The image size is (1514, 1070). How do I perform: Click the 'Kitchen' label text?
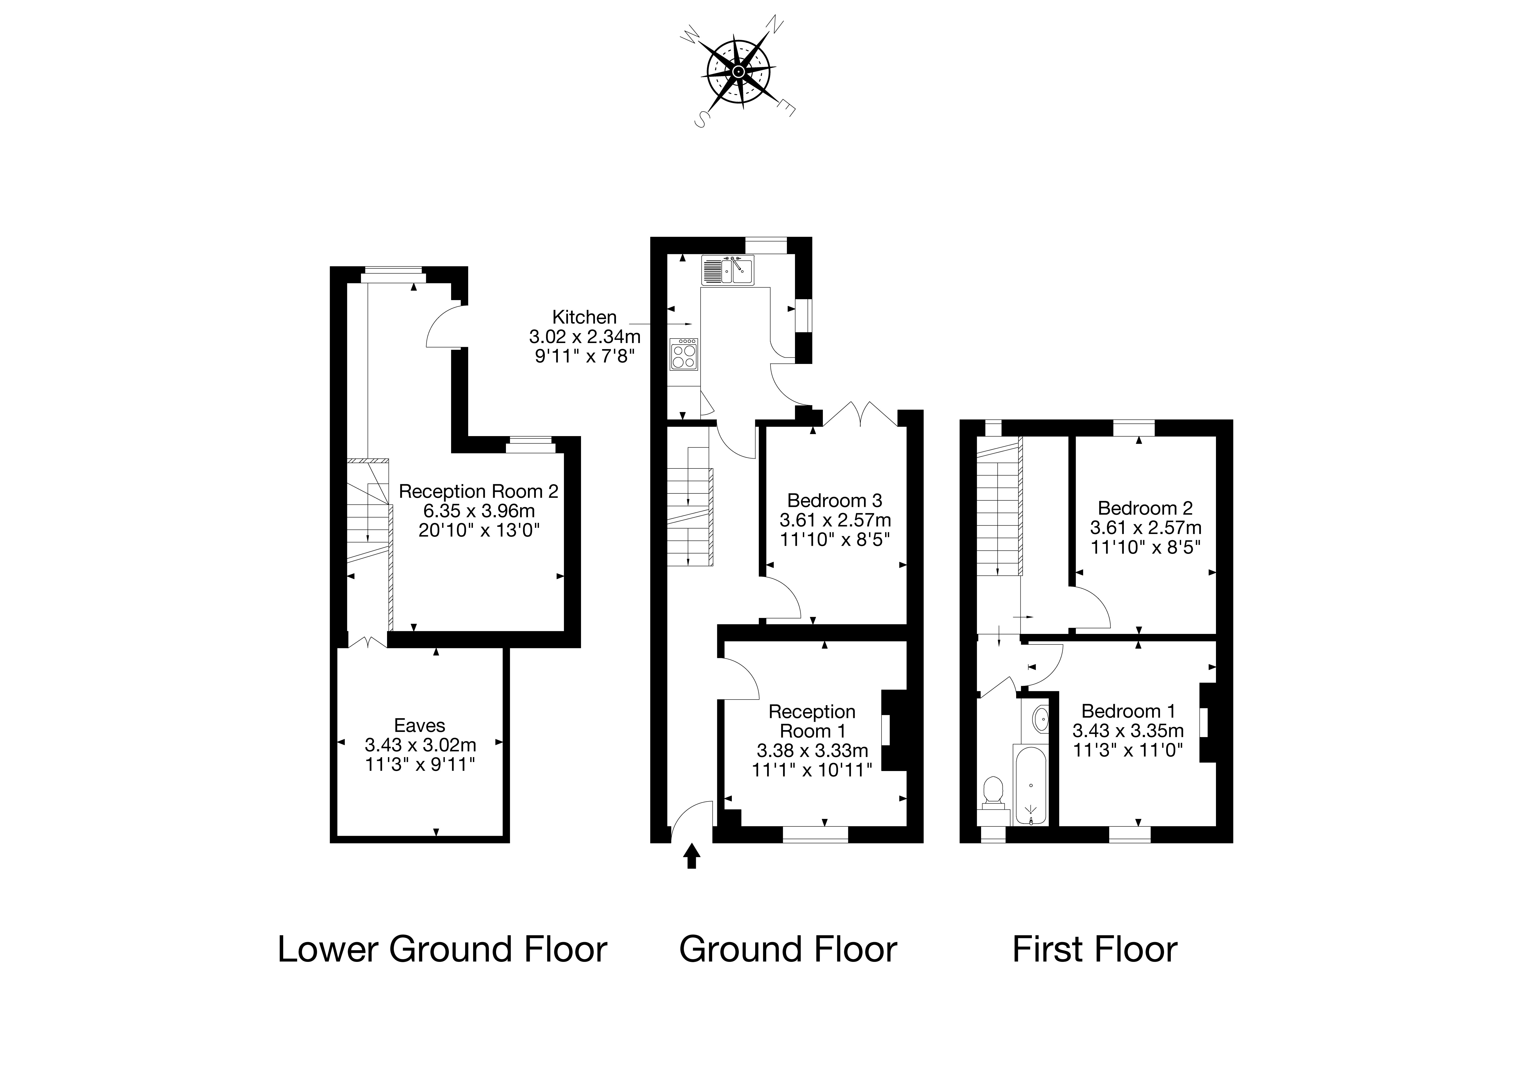(x=584, y=317)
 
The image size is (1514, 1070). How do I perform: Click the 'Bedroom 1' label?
(x=1128, y=711)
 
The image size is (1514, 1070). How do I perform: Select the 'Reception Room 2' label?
(x=479, y=491)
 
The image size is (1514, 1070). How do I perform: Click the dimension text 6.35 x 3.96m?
(x=479, y=511)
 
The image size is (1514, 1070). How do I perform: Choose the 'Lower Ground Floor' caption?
(x=443, y=950)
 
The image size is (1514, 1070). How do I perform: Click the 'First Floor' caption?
(x=1095, y=950)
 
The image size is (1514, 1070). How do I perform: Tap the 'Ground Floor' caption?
(x=788, y=950)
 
